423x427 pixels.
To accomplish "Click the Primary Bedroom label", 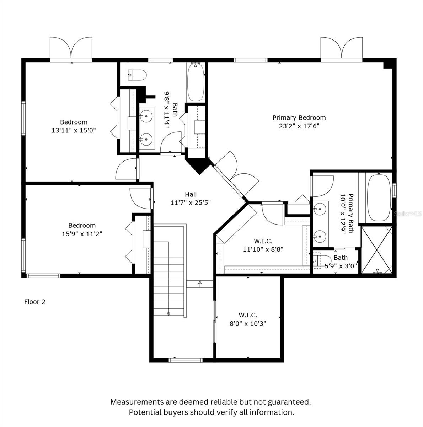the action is coord(299,118).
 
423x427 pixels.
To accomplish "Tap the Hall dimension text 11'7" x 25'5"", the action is coord(191,202).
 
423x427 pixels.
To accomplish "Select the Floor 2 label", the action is coord(35,302).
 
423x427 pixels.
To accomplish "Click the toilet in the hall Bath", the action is coord(137,75).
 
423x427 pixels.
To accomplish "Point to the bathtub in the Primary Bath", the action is coord(379,198).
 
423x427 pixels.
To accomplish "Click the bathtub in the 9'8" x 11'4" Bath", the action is coord(196,82).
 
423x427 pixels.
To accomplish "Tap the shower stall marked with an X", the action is coord(376,249).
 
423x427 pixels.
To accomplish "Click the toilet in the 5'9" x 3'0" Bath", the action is coord(322,260).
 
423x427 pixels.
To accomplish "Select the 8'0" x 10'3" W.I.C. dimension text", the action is coord(248,324).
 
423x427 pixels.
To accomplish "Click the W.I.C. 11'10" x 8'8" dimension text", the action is coord(263,249).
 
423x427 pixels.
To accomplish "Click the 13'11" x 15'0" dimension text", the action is coord(74,130).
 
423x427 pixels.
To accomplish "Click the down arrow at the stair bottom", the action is coord(168,313).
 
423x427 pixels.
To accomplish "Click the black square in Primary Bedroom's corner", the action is coord(388,65).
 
